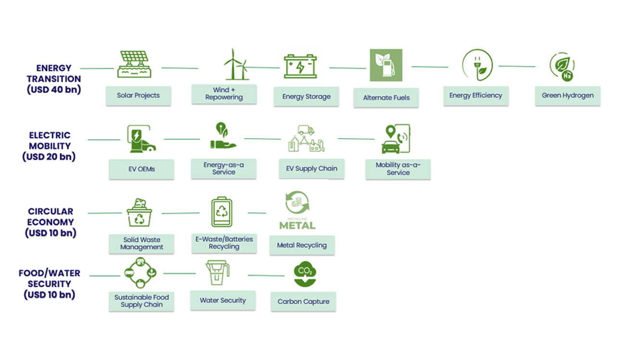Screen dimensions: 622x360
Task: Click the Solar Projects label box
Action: point(138,95)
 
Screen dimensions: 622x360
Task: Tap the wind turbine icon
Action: point(236,64)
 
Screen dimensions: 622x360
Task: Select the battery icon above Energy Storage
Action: point(300,66)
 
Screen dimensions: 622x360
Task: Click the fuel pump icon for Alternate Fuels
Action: point(386,65)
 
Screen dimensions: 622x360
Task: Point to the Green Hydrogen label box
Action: point(568,95)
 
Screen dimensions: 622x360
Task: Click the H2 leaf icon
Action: point(562,67)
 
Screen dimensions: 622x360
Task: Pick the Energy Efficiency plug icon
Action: point(477,65)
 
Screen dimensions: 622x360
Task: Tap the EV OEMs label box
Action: point(142,169)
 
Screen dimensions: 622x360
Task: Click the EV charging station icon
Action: point(141,139)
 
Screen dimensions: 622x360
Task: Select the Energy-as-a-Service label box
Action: point(223,168)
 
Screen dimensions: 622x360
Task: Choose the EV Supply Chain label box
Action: point(311,168)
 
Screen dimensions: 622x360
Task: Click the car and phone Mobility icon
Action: point(396,139)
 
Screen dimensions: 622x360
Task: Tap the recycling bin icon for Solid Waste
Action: point(139,212)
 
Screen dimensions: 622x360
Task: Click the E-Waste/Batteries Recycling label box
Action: point(224,243)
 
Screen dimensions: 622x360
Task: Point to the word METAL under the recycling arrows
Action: point(298,225)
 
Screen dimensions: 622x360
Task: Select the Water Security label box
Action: point(223,300)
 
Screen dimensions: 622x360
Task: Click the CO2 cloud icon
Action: point(305,274)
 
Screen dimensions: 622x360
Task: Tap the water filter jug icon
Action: point(218,272)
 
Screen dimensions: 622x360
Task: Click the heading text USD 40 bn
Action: point(54,90)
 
